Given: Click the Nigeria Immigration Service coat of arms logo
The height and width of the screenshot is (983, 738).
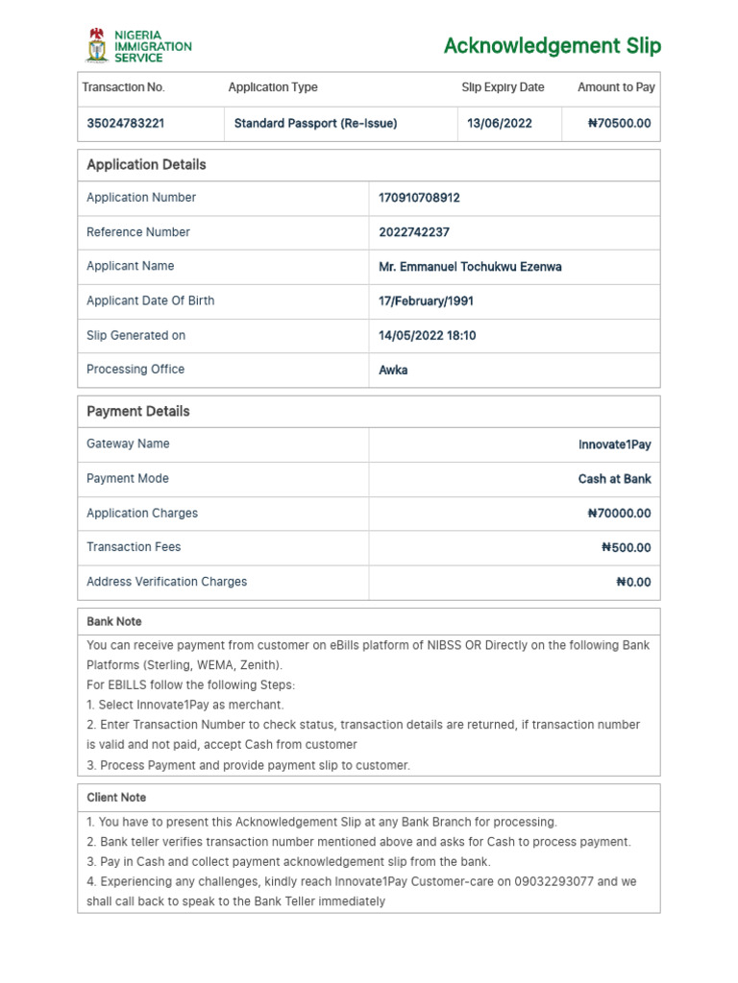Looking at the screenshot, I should (97, 45).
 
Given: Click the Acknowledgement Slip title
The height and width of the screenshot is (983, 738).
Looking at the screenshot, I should (552, 46).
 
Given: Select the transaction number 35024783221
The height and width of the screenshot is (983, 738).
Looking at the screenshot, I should (125, 124).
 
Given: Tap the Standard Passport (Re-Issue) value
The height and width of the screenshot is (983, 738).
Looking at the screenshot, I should (315, 124).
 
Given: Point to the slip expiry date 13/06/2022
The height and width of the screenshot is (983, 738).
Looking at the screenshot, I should (499, 124).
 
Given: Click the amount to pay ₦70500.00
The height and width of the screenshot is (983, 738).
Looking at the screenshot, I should (619, 124).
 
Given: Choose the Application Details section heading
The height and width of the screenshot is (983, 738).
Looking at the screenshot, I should (146, 165).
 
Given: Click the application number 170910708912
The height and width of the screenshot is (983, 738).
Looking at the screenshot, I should (419, 198).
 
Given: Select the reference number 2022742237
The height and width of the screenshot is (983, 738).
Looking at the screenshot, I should (414, 232).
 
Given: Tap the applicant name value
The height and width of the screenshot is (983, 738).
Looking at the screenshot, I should (470, 267).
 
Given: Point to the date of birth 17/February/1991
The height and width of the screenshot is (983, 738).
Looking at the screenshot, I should (426, 301).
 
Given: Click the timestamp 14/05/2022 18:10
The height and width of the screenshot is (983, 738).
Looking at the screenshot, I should (427, 336).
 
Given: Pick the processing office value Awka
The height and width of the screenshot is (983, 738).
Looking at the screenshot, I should (393, 370).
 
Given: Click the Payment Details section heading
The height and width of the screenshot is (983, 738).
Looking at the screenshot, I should (138, 412).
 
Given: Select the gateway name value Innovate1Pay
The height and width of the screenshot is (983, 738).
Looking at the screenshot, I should (614, 445).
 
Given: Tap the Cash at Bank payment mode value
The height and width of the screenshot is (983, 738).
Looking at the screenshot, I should (614, 479).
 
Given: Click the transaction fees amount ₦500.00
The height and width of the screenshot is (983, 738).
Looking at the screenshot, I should (626, 548).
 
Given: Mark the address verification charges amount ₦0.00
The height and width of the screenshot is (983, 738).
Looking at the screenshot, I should (633, 583).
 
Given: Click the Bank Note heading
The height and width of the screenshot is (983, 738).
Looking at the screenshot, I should (113, 622).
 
